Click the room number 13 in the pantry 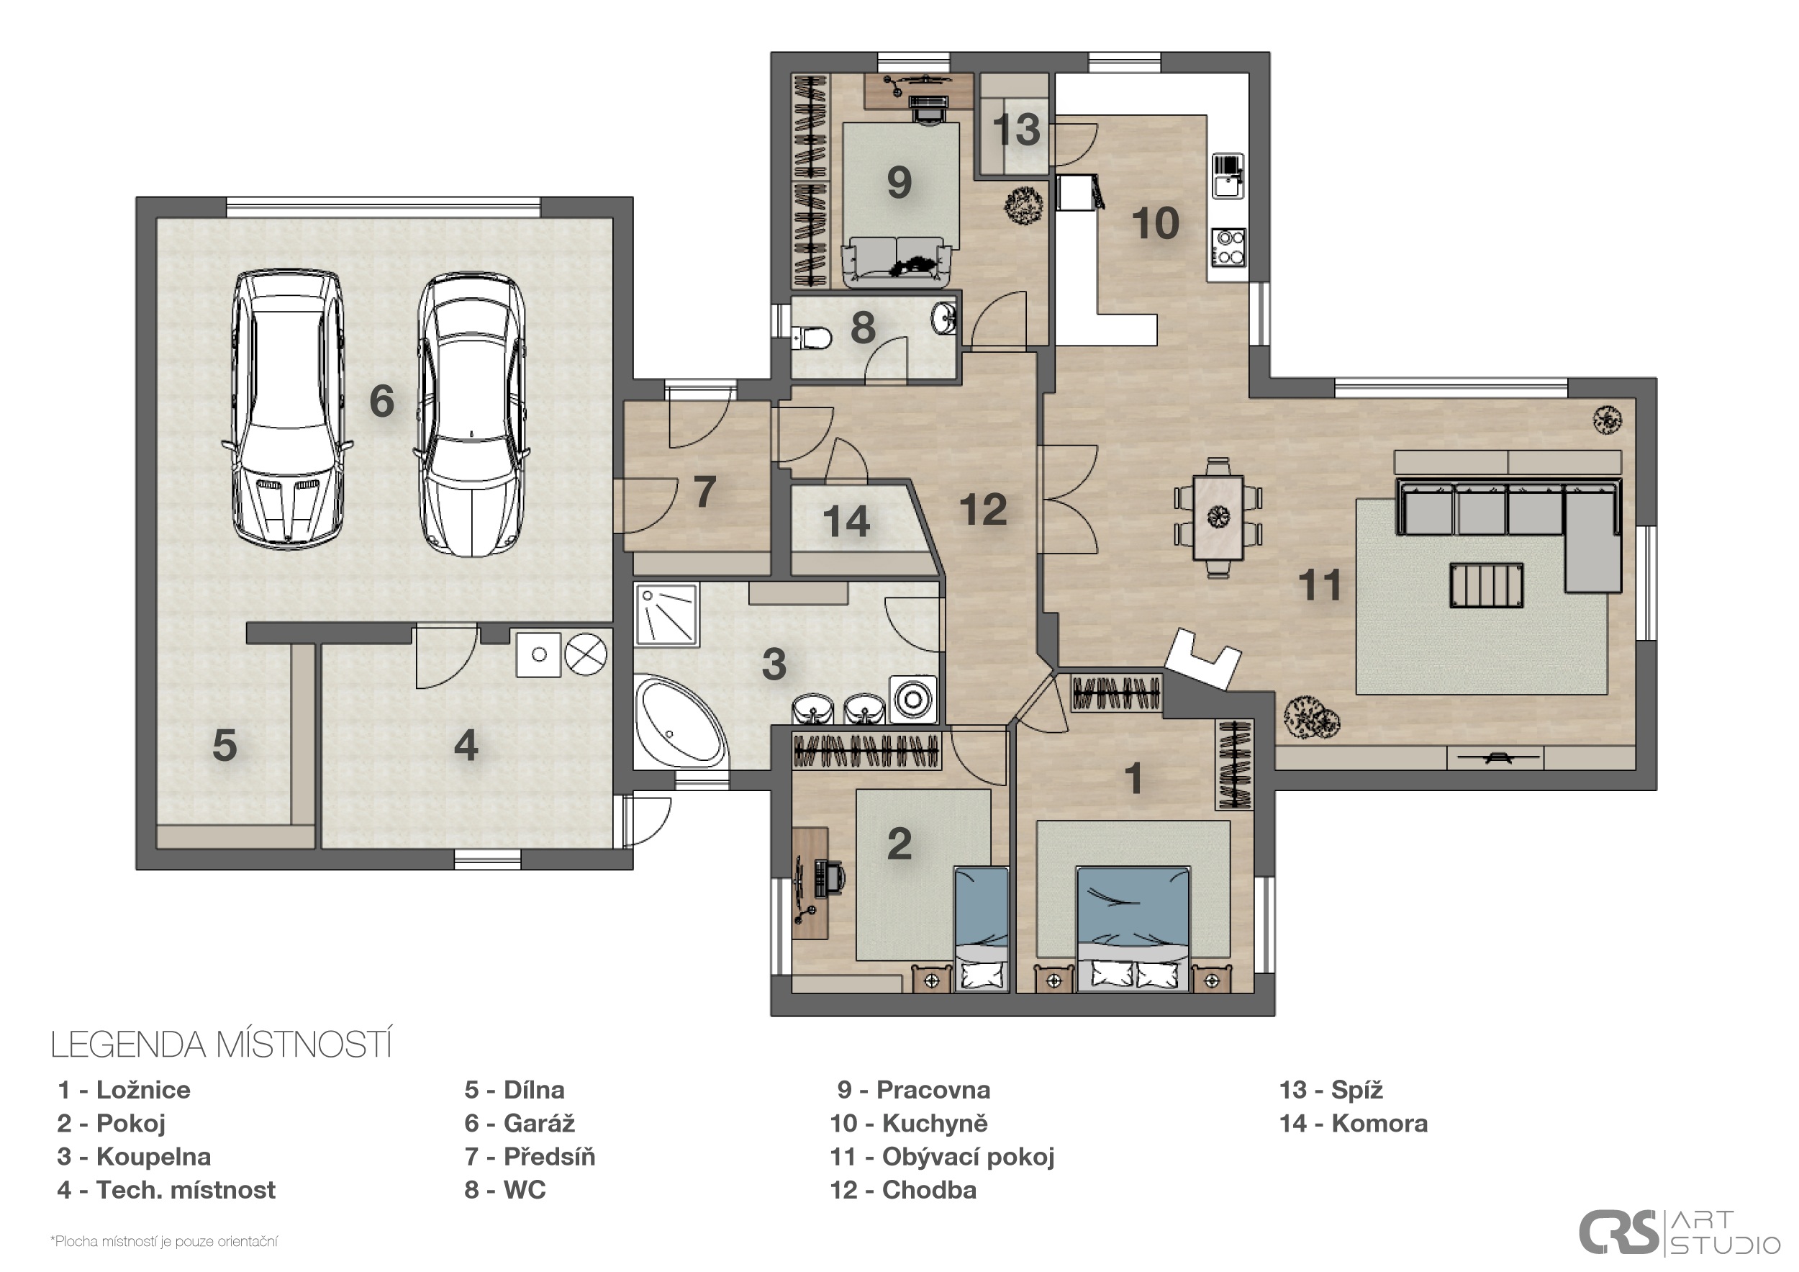coord(1016,130)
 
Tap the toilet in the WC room coord(812,338)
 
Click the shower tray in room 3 coord(666,615)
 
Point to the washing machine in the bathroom coord(914,698)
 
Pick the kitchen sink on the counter coord(1227,176)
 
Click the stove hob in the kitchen coord(1228,246)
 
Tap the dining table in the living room coord(1218,518)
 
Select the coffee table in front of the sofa coord(1487,585)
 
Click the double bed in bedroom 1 coord(1133,929)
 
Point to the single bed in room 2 coord(981,929)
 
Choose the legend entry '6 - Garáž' coord(520,1123)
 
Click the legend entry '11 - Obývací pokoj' coord(942,1157)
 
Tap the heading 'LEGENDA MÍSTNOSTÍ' coord(221,1045)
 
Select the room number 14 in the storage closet coord(846,522)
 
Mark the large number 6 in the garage coord(381,400)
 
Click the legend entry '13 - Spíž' coord(1331,1089)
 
